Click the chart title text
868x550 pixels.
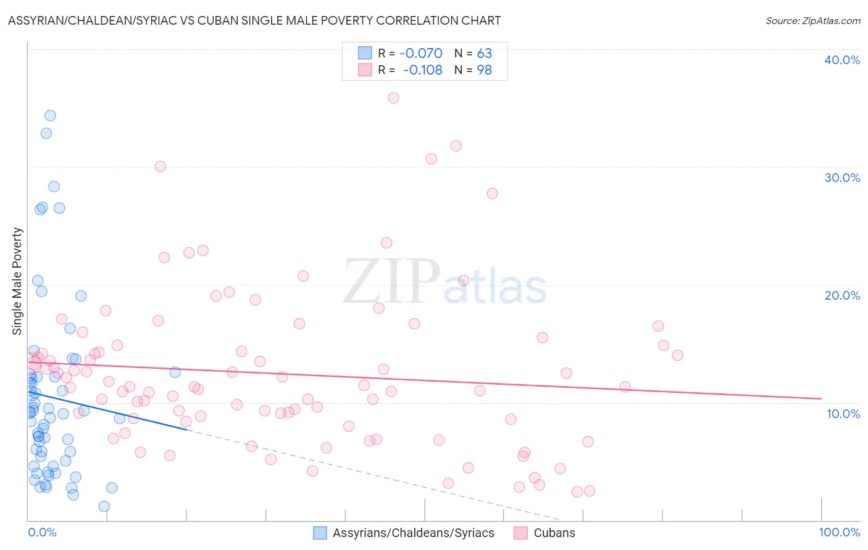tap(254, 20)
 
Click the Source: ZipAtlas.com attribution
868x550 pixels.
tap(812, 20)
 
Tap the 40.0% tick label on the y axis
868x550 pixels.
tap(841, 60)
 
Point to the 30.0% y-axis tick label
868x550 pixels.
tap(841, 178)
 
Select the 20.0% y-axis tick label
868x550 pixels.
tap(841, 295)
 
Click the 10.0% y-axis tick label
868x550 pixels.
tap(843, 414)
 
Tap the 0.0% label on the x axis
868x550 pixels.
tap(42, 532)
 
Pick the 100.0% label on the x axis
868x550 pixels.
tap(839, 532)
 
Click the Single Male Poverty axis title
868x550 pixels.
tap(17, 281)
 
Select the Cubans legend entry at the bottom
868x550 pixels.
tap(554, 533)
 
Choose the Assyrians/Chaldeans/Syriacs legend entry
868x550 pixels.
tap(413, 533)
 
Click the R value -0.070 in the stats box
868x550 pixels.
tap(420, 54)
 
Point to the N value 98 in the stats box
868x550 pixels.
tap(484, 70)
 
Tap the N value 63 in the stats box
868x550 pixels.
tap(484, 54)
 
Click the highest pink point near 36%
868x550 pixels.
tap(393, 98)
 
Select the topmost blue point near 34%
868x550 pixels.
tap(50, 116)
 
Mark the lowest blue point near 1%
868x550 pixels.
tap(104, 506)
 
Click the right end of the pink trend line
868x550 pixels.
tap(821, 399)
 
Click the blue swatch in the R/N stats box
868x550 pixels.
tap(365, 53)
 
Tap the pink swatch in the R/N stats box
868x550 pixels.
tap(365, 70)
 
